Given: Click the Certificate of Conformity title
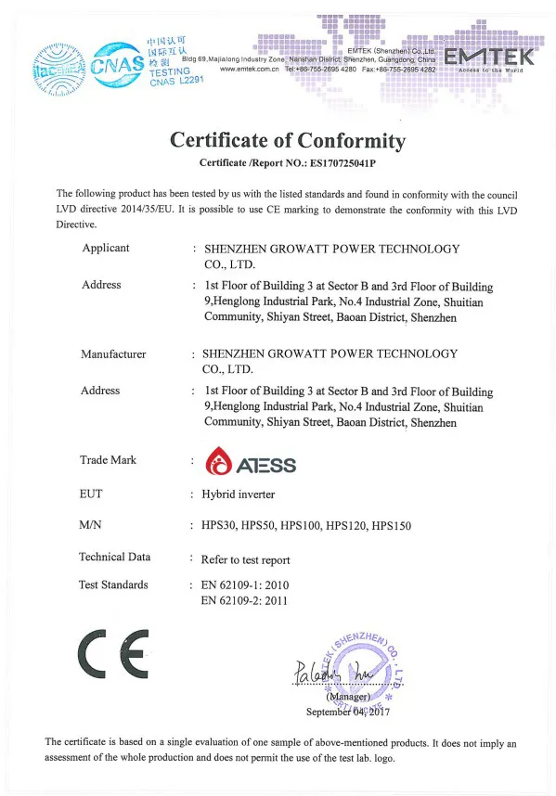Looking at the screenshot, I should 288,141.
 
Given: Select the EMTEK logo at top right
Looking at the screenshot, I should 489,58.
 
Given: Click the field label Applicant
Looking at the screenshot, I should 106,249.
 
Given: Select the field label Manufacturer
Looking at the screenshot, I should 113,354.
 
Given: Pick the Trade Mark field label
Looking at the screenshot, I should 109,460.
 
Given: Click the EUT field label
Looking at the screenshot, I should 92,494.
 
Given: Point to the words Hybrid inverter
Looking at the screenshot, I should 239,494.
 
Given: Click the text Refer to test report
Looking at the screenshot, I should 246,559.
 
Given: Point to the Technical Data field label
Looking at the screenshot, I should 115,558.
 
